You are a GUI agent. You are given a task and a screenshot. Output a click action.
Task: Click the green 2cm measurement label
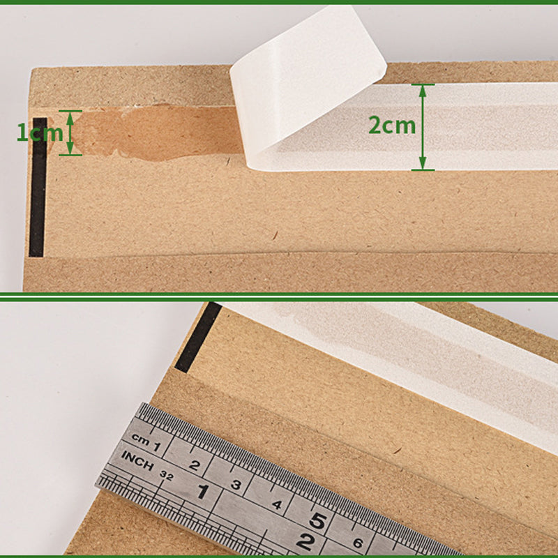pyautogui.click(x=391, y=126)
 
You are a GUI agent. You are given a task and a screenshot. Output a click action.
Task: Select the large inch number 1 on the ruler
pyautogui.click(x=202, y=492)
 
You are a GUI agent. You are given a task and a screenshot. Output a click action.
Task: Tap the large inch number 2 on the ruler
pyautogui.click(x=305, y=541)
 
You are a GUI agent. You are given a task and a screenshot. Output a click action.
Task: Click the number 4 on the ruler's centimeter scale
pyautogui.click(x=278, y=504)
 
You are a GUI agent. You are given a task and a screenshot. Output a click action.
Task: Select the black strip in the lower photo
pyautogui.click(x=197, y=337)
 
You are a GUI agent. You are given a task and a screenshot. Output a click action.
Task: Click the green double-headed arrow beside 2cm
pyautogui.click(x=422, y=127)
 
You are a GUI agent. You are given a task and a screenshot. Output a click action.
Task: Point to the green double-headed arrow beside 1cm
pyautogui.click(x=70, y=132)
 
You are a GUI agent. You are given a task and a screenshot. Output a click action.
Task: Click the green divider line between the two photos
pyautogui.click(x=279, y=296)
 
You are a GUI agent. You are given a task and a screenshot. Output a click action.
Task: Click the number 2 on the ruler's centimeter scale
pyautogui.click(x=195, y=466)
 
